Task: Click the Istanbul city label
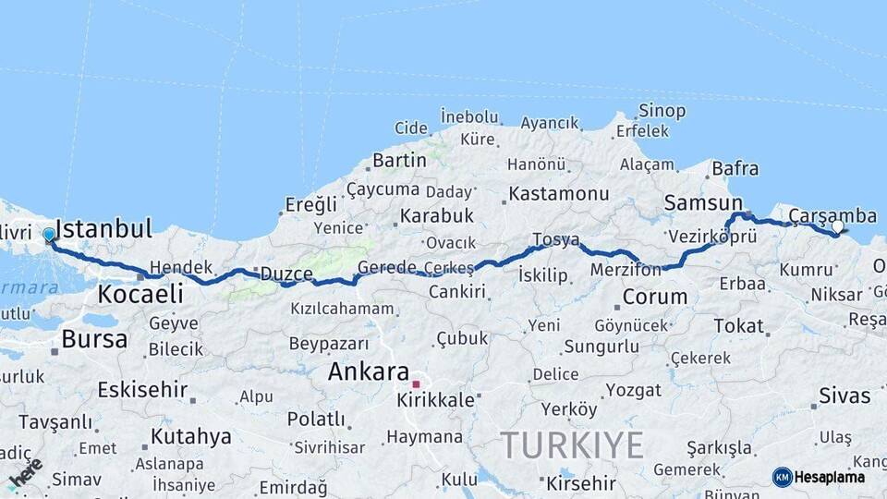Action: tap(103, 228)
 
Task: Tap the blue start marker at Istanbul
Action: tap(49, 235)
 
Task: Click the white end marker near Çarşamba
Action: tap(837, 226)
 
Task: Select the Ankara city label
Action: tap(369, 371)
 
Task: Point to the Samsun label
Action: tap(703, 203)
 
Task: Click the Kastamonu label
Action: tap(558, 194)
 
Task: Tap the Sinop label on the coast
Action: tap(662, 111)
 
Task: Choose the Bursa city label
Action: tap(94, 339)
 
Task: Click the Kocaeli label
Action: tap(140, 295)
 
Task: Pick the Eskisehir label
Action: tap(142, 388)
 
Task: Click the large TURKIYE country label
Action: tap(572, 445)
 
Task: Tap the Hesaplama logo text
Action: tap(829, 477)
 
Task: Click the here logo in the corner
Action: tap(25, 474)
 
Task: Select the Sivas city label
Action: tap(844, 396)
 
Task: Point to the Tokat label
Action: tap(738, 325)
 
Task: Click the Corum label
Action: tap(655, 298)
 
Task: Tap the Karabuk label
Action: tap(436, 215)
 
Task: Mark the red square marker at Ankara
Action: tap(416, 383)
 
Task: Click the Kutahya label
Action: tap(190, 436)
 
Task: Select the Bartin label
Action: tap(399, 160)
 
